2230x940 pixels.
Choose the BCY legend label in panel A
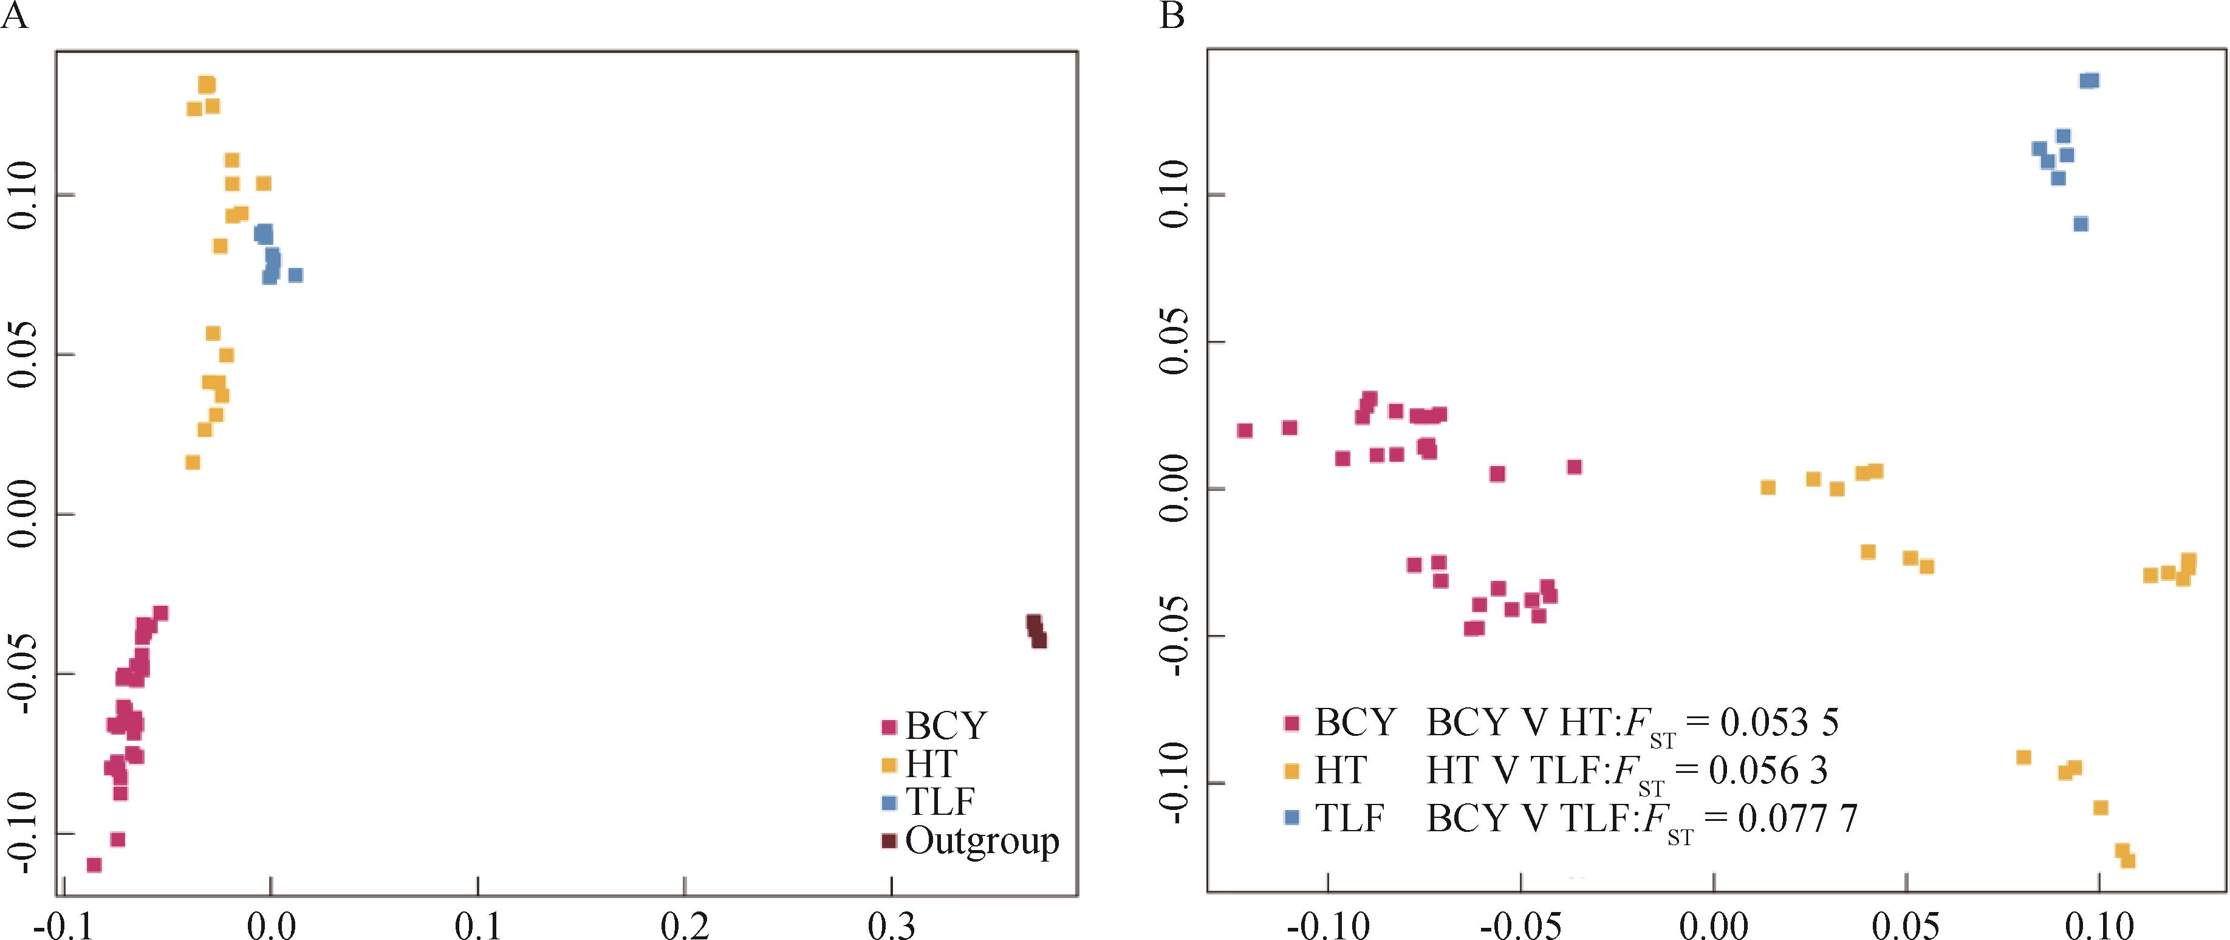tap(945, 726)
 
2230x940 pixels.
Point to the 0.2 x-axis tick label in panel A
tap(685, 925)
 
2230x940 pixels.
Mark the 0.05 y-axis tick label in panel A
tap(24, 354)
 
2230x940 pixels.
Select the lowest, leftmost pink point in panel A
tap(94, 865)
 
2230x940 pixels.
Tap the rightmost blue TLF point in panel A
tap(295, 275)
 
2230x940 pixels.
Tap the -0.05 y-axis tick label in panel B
tap(1175, 636)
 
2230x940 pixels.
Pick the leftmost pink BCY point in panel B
tap(1245, 430)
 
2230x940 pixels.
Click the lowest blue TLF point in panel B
tap(2080, 224)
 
